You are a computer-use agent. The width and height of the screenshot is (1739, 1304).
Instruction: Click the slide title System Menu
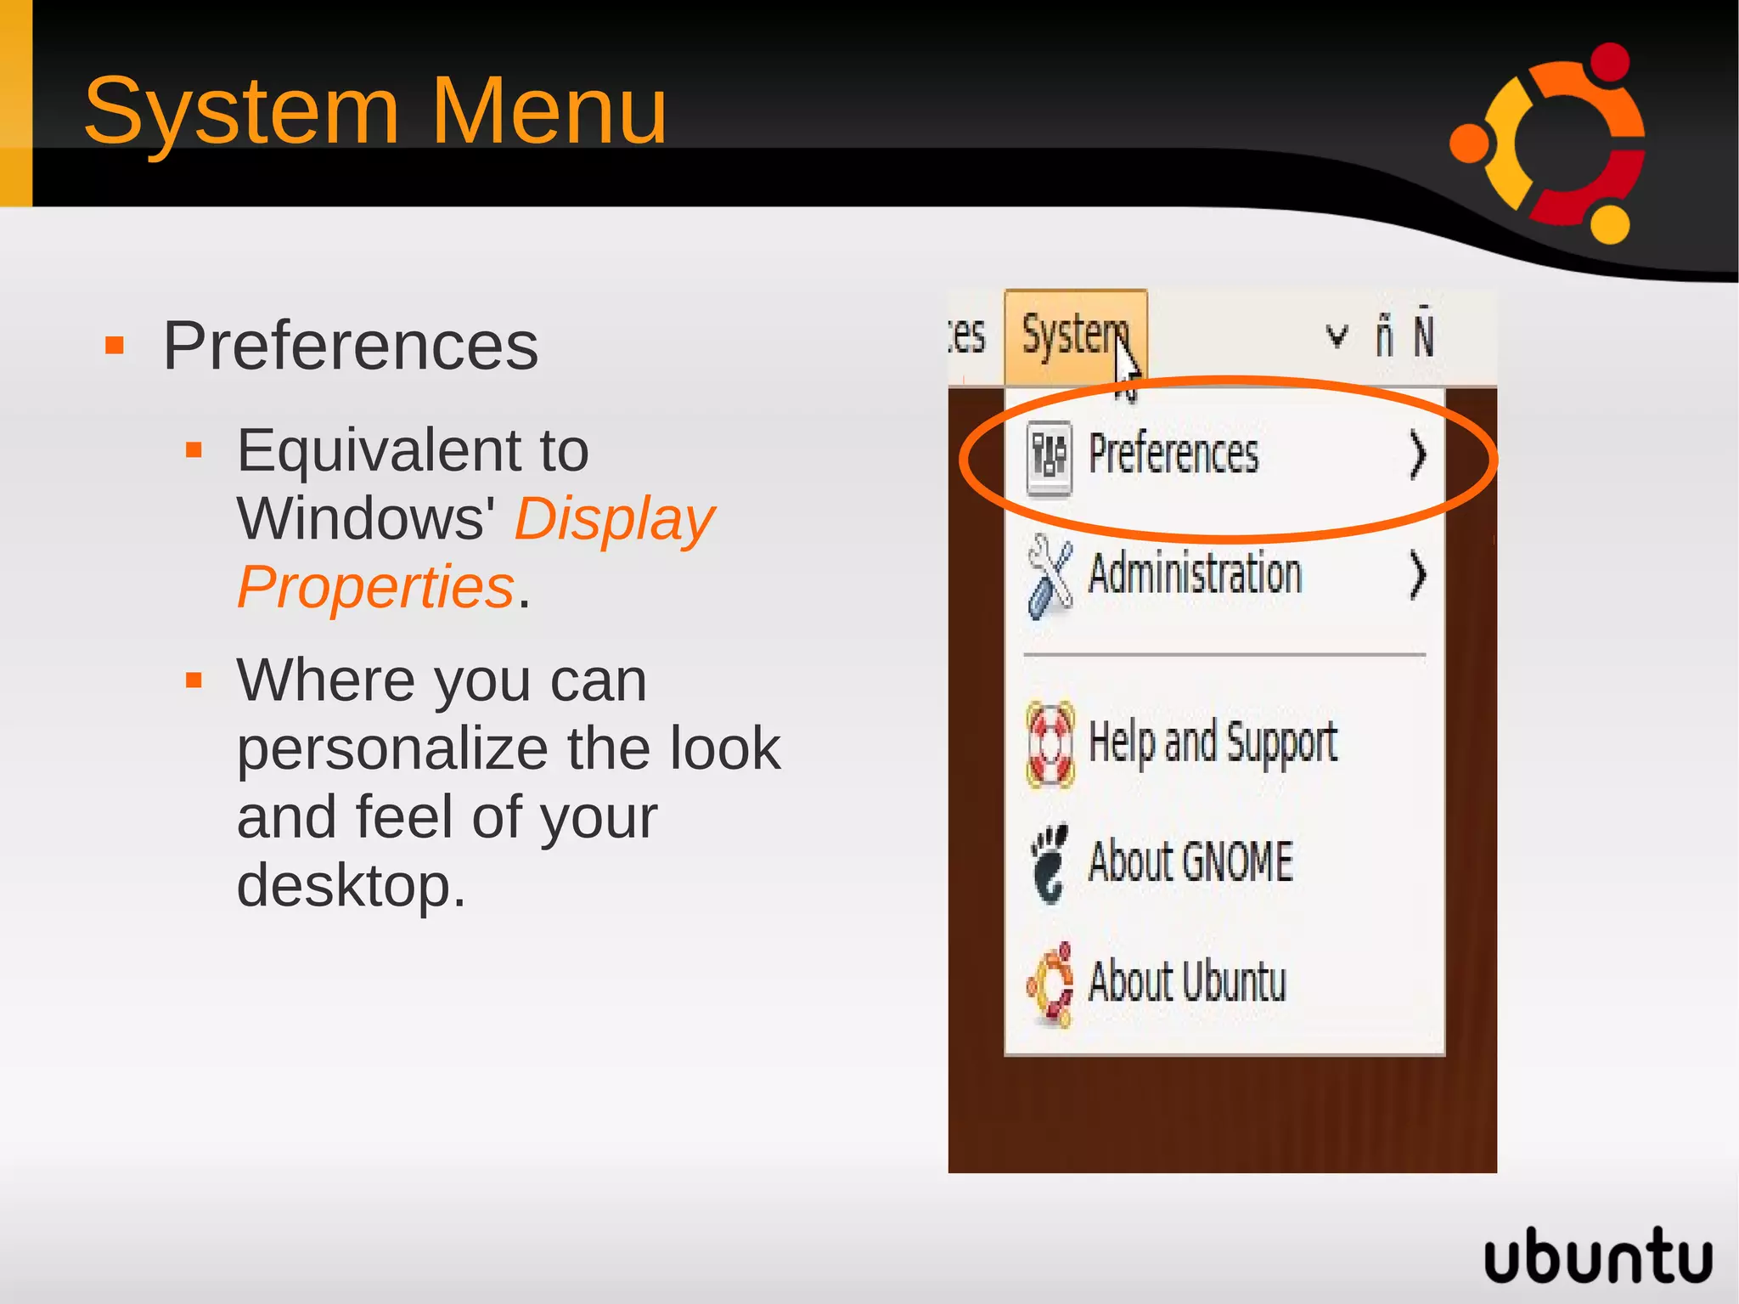click(375, 111)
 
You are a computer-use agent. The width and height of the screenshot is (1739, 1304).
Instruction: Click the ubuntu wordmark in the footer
click(1597, 1256)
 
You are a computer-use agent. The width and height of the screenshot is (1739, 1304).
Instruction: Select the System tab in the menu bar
click(1075, 336)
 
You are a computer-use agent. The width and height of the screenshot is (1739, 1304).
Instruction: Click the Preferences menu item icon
click(1050, 457)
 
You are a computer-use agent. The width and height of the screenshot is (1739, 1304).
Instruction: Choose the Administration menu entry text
click(1195, 573)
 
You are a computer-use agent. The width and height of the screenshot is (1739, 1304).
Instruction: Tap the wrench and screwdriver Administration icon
click(1050, 576)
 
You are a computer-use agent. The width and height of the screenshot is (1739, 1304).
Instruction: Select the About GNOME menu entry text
click(1190, 861)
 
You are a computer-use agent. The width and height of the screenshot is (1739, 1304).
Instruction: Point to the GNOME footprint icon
click(1050, 863)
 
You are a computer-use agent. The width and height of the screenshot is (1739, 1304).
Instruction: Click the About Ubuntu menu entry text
click(1187, 981)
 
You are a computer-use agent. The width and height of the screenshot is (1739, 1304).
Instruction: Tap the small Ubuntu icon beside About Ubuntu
click(1050, 985)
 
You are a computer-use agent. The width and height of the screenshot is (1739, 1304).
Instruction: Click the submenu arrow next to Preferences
click(1417, 455)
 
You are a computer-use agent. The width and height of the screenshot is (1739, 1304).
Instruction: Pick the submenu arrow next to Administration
click(1417, 575)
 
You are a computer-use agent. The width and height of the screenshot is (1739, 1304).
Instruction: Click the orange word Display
click(614, 520)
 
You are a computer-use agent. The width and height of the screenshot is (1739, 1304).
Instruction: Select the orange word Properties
click(375, 587)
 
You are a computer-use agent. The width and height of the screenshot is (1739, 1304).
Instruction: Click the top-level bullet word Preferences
click(350, 347)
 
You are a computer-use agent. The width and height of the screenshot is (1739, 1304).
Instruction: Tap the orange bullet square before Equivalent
click(194, 449)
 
